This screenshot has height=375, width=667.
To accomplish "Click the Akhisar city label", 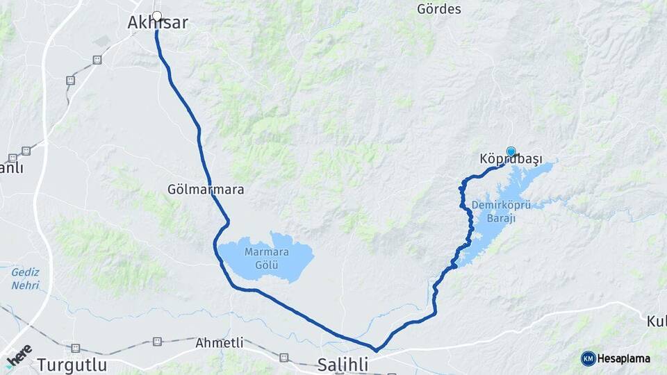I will tap(158, 24).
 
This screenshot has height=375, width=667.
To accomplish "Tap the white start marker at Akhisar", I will tap(157, 16).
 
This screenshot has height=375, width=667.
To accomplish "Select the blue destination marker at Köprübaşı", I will tap(511, 151).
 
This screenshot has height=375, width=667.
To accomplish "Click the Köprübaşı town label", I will tap(511, 160).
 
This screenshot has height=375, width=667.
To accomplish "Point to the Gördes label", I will tap(438, 9).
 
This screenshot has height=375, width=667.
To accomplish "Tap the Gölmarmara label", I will tap(206, 189).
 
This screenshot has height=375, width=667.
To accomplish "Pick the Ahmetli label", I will tap(220, 343).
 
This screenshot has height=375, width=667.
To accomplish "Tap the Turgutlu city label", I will tap(72, 365).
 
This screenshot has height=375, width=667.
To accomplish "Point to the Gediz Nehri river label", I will tap(25, 278).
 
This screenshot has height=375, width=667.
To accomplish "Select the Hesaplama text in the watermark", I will tap(624, 358).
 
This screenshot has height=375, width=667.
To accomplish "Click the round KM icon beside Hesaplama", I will tap(588, 358).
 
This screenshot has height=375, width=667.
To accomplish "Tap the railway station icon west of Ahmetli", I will tap(157, 341).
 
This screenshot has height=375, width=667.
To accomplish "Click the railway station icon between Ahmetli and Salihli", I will tap(283, 357).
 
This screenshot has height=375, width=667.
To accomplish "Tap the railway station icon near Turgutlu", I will tap(75, 348).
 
